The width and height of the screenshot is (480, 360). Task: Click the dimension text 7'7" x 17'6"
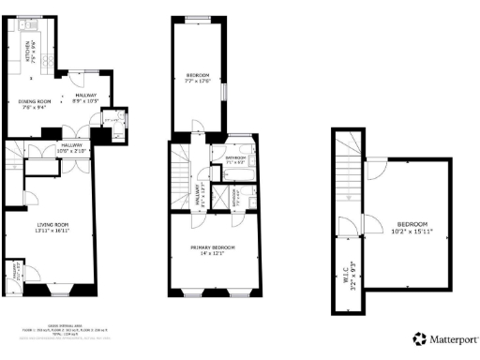198,81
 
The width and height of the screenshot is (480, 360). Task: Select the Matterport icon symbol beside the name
418,337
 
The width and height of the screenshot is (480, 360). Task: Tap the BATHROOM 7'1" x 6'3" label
235,160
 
